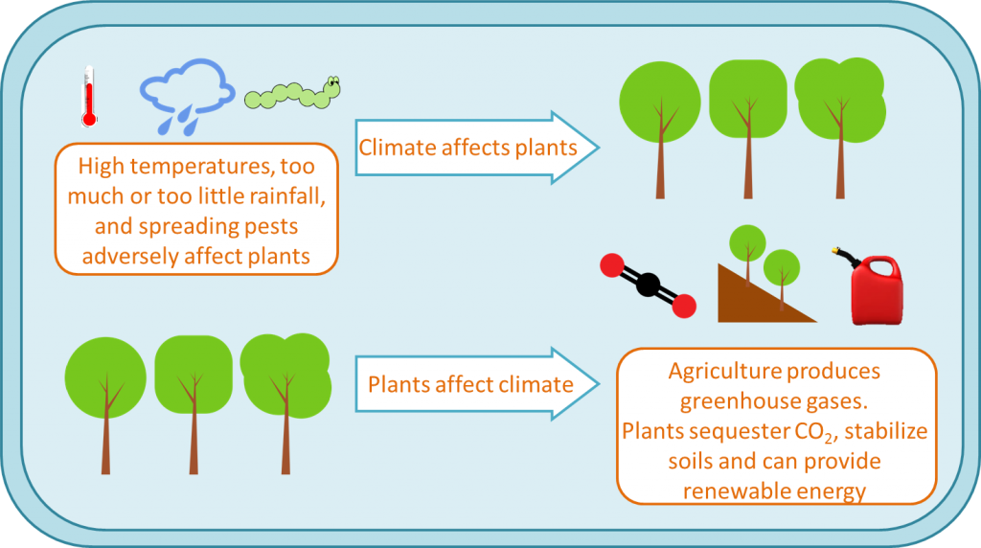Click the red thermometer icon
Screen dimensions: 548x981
pos(88,97)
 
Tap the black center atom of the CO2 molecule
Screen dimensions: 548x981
pos(648,285)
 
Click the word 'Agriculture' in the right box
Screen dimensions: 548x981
pos(739,371)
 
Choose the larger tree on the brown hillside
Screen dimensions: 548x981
pos(746,245)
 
